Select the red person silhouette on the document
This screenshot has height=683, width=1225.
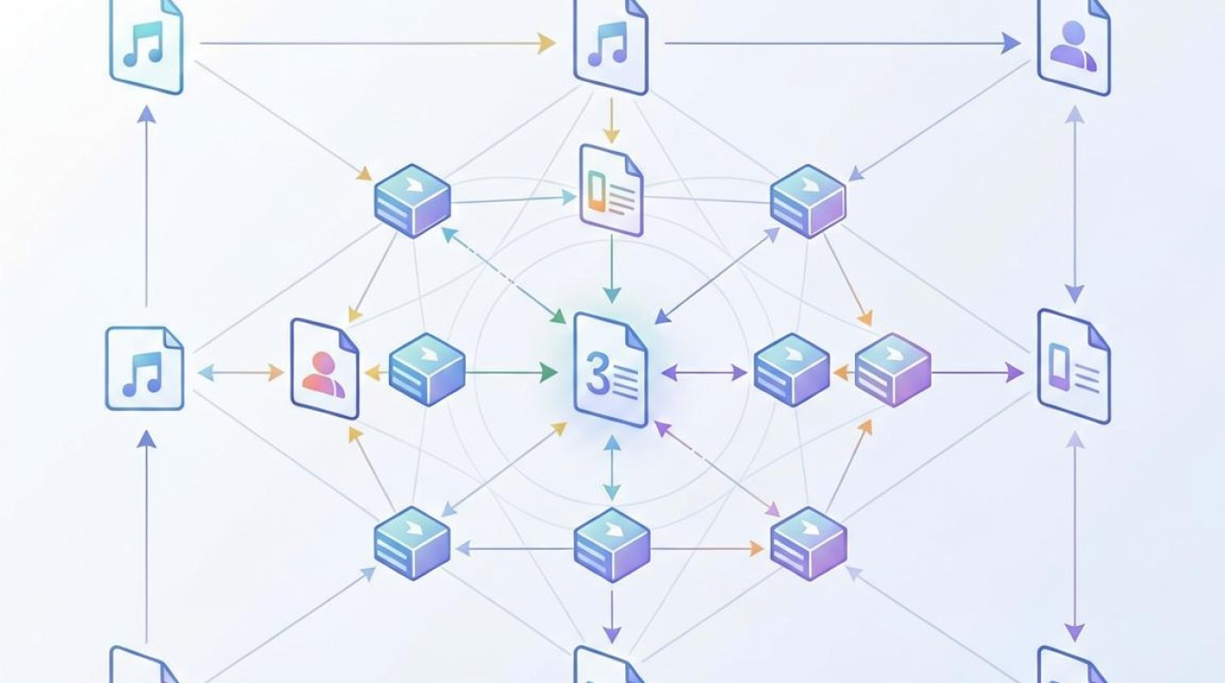324,375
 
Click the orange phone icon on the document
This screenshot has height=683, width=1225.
598,190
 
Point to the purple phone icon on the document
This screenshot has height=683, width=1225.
1060,367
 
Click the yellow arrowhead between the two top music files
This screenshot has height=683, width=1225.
546,43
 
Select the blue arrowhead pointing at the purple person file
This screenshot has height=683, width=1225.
1011,43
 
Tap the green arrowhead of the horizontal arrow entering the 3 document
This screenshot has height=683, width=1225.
549,373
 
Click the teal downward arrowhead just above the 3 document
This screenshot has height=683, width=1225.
612,294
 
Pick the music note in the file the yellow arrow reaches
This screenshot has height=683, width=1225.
608,44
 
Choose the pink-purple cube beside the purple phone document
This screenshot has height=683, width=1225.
893,370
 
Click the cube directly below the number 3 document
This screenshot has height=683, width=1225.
612,545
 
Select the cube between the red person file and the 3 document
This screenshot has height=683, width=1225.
427,370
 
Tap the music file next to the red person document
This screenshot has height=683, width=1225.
144,368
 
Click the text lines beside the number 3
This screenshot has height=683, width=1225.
624,382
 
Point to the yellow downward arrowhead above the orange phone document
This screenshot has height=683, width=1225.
612,135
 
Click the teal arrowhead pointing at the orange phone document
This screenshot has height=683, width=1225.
569,197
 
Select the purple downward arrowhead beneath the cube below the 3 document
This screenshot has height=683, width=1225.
612,635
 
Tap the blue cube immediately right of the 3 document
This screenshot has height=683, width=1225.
792,370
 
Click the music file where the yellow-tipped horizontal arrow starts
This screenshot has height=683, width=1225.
147,46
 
